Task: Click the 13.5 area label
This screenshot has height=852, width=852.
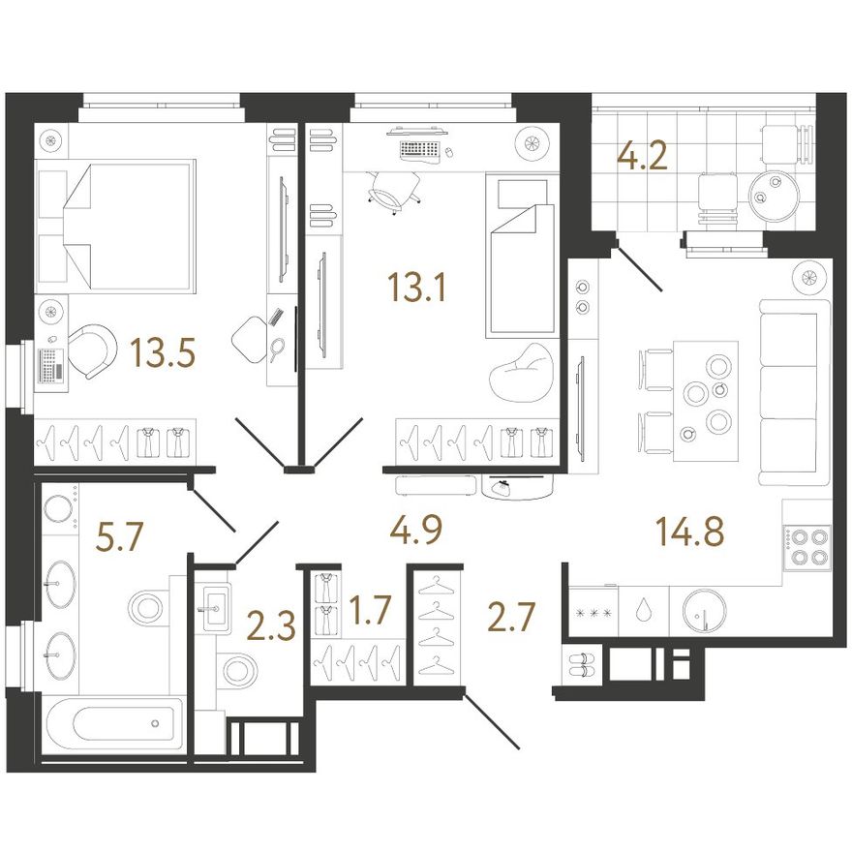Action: tap(163, 352)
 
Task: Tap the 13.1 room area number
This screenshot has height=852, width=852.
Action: tap(416, 287)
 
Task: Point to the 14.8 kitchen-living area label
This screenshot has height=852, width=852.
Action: tap(690, 531)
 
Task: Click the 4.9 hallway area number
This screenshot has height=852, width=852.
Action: tap(416, 529)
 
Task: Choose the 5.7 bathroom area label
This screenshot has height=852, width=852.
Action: tap(118, 536)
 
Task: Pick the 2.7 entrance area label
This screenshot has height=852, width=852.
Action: tap(512, 617)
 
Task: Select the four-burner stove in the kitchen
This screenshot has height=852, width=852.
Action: tap(806, 548)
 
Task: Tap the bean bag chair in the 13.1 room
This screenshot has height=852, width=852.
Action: tap(521, 373)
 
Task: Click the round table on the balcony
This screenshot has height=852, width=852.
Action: tap(775, 193)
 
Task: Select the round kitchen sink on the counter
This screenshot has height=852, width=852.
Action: tap(704, 611)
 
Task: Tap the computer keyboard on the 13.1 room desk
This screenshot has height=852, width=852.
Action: tap(419, 149)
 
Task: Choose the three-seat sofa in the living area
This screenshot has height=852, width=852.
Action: tap(795, 392)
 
